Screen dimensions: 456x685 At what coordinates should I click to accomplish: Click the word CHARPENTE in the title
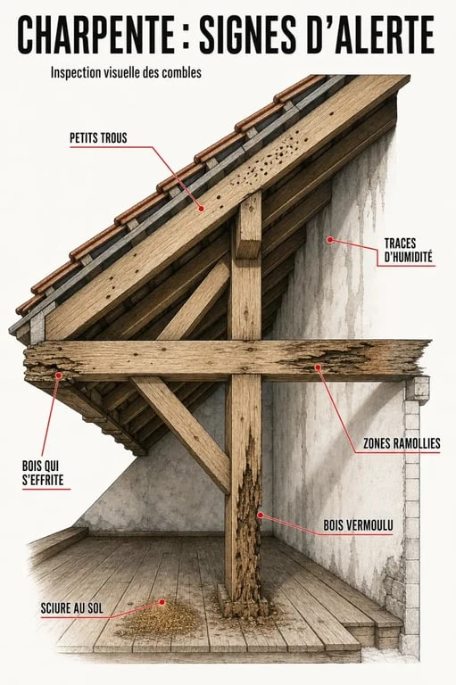coord(95,35)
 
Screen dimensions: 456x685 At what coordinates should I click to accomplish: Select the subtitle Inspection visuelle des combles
coord(126,72)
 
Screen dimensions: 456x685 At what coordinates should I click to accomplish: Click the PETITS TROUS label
coord(98,138)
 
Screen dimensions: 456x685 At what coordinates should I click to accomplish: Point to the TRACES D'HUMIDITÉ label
coord(409,250)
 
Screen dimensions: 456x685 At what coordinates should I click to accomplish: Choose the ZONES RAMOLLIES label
coord(402,443)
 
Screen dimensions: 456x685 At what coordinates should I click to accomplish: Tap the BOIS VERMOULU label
coord(358,525)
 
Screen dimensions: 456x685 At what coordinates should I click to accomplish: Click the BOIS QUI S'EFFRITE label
coord(43,473)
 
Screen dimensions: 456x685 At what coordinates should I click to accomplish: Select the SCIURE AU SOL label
coord(71,608)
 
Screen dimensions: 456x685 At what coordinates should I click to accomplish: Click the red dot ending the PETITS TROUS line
coord(201,209)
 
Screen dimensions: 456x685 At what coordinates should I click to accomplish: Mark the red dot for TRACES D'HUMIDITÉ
coord(330,239)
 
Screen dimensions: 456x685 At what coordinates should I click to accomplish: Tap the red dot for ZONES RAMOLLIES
coord(318,367)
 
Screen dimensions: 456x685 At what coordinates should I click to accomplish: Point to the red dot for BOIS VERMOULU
coord(261,515)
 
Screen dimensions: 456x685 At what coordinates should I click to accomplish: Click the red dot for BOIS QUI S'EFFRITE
coord(59,375)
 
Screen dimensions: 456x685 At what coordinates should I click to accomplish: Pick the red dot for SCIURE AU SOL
coord(162,602)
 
